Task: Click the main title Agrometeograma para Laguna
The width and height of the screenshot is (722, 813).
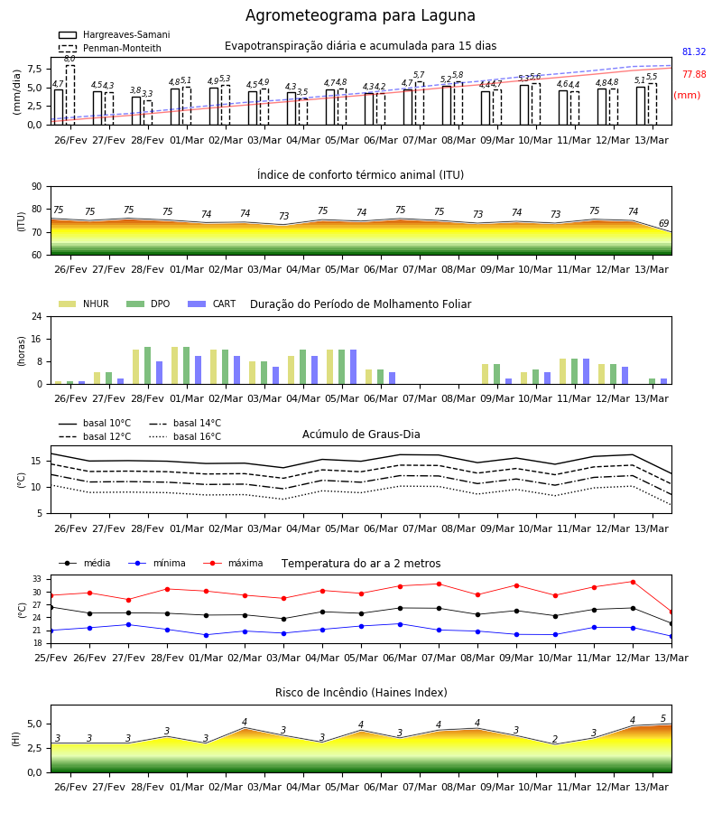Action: click(360, 15)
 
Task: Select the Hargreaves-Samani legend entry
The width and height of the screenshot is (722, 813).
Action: click(115, 34)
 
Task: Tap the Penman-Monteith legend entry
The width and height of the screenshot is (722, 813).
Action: click(110, 48)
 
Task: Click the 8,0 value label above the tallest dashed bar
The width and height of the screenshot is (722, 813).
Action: click(69, 59)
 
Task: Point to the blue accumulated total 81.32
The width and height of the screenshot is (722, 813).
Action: click(694, 51)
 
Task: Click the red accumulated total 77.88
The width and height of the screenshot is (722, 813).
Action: click(694, 74)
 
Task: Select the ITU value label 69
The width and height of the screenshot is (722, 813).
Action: click(663, 223)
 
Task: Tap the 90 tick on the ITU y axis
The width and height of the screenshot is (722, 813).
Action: click(37, 187)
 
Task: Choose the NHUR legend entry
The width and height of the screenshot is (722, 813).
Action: click(84, 304)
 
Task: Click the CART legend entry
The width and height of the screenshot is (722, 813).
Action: click(212, 304)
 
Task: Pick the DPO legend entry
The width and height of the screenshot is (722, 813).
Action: click(148, 304)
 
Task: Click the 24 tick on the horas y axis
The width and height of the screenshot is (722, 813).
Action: click(37, 317)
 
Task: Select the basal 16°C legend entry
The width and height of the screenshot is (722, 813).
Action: click(185, 436)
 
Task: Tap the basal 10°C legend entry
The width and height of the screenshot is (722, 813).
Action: click(95, 423)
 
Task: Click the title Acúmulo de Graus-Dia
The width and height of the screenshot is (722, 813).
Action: click(361, 435)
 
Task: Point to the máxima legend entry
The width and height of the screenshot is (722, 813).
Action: click(233, 563)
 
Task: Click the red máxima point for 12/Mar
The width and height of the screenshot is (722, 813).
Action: click(633, 583)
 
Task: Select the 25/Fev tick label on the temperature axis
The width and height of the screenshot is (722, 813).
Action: click(51, 658)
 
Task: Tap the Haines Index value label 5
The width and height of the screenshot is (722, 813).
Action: click(663, 719)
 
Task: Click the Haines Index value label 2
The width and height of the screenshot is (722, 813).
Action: click(555, 739)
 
